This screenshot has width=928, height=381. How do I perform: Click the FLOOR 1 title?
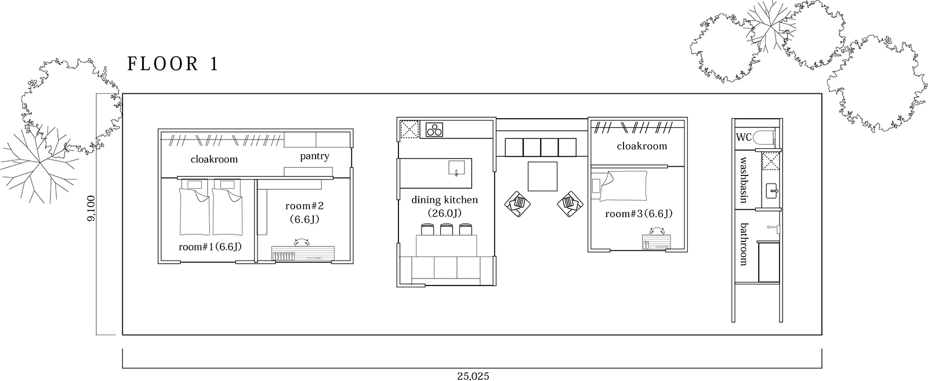coord(172,64)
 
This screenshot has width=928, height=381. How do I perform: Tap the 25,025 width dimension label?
coord(473,376)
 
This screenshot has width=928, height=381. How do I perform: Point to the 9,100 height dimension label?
coord(91,208)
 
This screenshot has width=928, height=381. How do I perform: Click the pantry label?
coord(314,156)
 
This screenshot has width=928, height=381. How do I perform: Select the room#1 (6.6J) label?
coord(210,247)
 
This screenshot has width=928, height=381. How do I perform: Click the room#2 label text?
coord(304,206)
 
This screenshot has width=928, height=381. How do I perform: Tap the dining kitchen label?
coord(444,200)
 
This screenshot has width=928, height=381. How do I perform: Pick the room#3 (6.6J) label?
coord(639,214)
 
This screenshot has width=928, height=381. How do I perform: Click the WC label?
coord(744,137)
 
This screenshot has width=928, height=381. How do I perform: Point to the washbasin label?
coord(743,180)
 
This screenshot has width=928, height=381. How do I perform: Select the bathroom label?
coord(743,244)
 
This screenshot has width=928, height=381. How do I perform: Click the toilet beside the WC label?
coord(764,137)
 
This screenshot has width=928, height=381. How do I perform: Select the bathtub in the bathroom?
coord(768,262)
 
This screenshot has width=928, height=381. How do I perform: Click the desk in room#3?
coord(656,242)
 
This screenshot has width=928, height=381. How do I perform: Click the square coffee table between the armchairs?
coord(542,176)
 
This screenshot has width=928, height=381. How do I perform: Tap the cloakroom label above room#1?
coord(214,159)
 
